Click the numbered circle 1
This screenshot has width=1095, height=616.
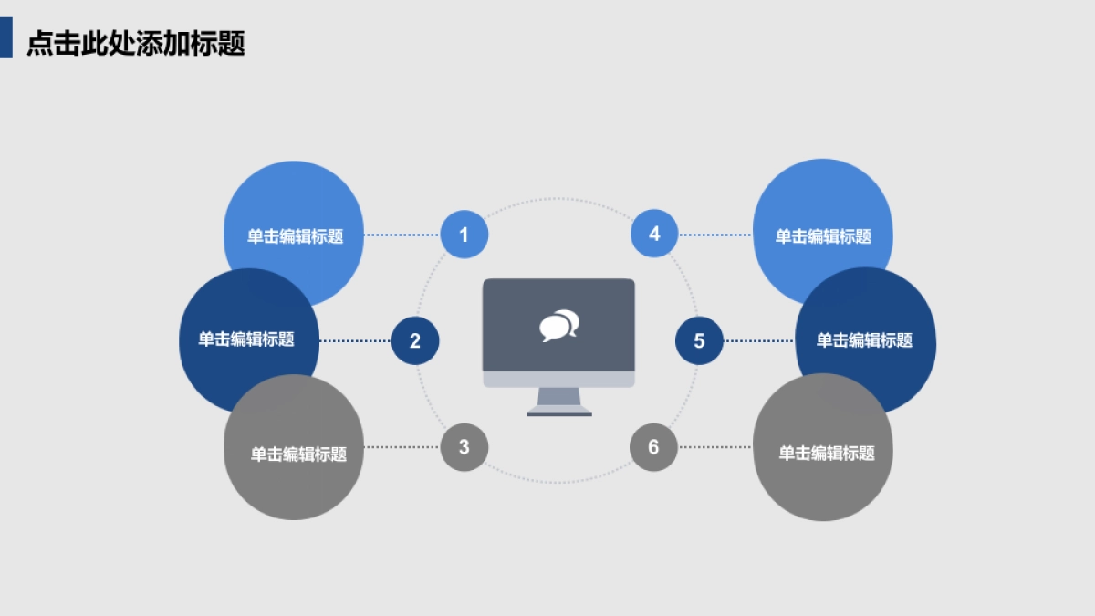click(464, 235)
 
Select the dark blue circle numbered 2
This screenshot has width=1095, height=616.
click(415, 341)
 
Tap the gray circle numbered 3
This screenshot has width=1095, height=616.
click(464, 447)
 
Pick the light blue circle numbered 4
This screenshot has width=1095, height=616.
click(654, 234)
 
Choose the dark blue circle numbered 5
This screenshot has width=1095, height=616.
click(699, 341)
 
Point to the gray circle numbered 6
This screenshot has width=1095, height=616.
click(653, 447)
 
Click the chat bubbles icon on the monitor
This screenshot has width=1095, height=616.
click(559, 326)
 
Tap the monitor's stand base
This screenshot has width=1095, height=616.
click(559, 412)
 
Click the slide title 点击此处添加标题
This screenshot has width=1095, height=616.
click(136, 43)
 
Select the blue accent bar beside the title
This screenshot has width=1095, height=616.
click(5, 38)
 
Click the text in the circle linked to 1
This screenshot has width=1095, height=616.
click(295, 236)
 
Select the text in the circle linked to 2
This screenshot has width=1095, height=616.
click(246, 339)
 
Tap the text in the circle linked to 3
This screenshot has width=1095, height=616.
click(298, 454)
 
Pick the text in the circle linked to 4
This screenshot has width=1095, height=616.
click(823, 236)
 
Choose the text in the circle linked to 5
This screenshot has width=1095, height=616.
click(864, 340)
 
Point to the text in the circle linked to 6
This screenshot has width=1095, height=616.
click(826, 454)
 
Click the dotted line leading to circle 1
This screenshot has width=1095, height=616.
click(401, 235)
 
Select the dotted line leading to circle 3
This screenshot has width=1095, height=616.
click(401, 447)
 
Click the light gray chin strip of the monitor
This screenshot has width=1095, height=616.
click(558, 379)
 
